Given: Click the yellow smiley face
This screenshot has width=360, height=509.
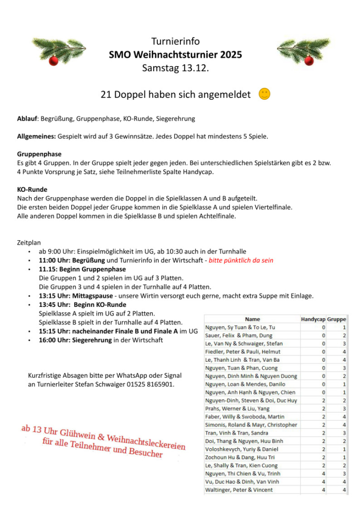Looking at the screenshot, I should (265, 94).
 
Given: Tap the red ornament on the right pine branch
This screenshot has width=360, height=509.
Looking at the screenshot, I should (309, 60).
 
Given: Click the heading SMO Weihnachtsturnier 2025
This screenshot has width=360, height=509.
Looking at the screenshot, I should (176, 55).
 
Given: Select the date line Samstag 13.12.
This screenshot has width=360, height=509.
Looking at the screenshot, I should (176, 68).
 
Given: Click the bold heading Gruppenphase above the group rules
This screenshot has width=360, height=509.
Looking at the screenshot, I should (39, 154).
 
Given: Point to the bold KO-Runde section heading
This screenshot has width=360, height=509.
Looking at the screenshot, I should (32, 189).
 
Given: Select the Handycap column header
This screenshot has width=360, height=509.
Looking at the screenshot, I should (313, 319).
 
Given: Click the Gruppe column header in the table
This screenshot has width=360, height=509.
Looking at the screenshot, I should (337, 319).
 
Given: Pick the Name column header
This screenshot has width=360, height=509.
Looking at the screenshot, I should (252, 319).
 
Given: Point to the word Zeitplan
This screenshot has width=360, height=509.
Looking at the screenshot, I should (29, 243).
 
